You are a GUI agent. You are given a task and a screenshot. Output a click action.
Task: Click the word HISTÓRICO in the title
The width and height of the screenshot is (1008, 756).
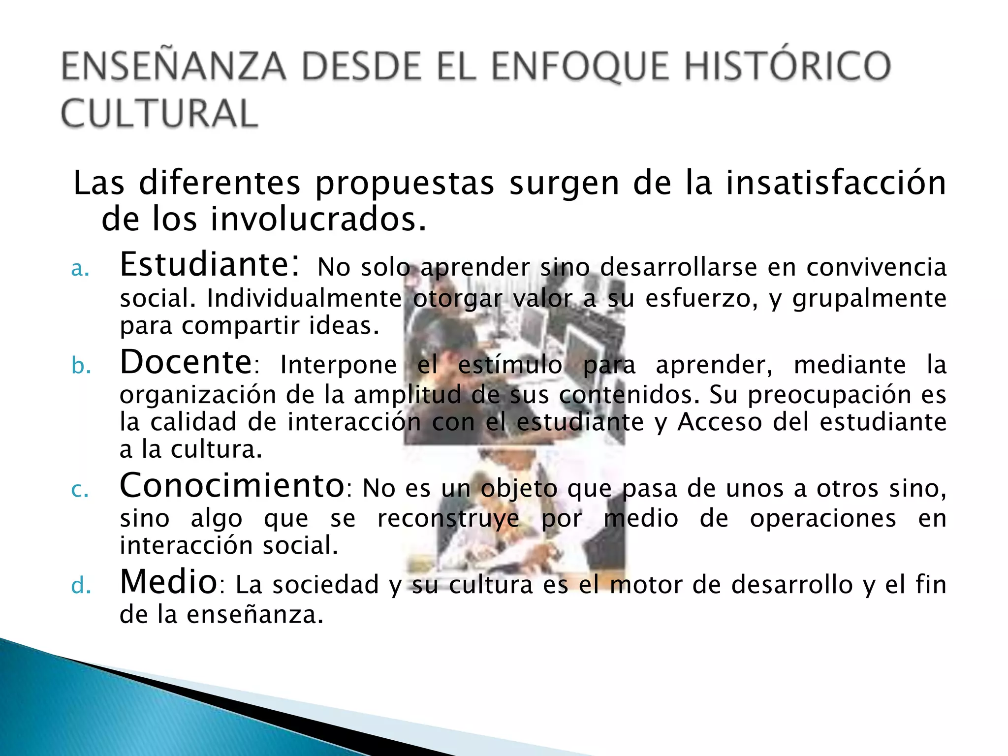[x=787, y=66]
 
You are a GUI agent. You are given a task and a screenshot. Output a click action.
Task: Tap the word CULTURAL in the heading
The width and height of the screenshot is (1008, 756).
[x=159, y=114]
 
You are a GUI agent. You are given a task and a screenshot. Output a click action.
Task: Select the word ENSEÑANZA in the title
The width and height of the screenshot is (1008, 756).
[x=173, y=66]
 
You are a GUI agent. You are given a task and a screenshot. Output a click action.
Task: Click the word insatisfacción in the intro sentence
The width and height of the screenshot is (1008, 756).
[x=836, y=183]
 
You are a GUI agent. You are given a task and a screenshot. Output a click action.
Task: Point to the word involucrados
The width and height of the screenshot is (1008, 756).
[x=318, y=219]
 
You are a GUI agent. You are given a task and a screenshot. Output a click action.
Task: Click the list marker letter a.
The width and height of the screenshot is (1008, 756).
[x=80, y=269]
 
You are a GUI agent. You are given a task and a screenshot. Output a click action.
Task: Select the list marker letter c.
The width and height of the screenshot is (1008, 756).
[x=80, y=490]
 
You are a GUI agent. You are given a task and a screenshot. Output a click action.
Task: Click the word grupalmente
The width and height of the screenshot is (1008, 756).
[x=869, y=299]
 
